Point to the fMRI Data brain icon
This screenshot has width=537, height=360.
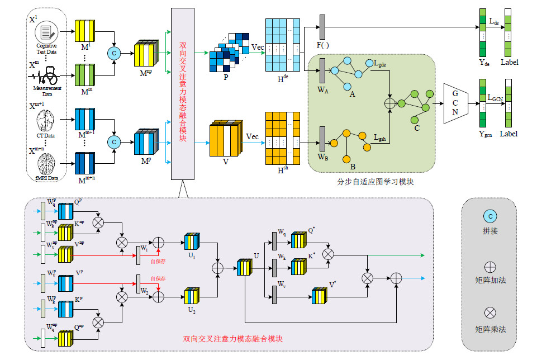(46, 164)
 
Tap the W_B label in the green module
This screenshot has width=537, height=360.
(323, 157)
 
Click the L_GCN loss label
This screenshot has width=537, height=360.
(495, 98)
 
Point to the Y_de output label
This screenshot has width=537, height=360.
(484, 63)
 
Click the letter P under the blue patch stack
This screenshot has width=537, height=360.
(226, 78)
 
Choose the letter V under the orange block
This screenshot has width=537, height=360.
(226, 162)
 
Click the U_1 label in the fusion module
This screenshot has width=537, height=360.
(191, 255)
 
